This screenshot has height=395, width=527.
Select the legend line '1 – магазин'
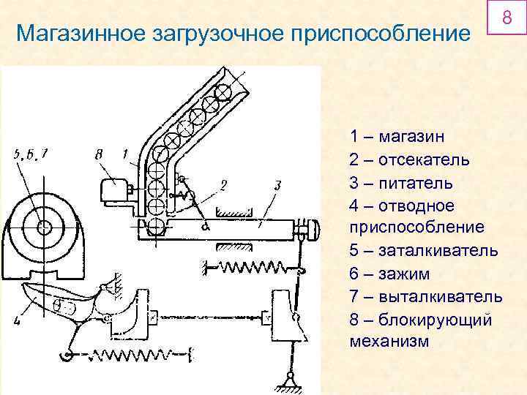click(x=400, y=137)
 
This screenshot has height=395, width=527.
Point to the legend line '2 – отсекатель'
click(x=410, y=159)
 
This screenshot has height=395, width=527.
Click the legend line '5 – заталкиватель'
click(x=424, y=251)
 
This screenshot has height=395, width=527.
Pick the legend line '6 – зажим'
click(x=389, y=274)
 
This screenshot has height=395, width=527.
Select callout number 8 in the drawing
click(x=100, y=154)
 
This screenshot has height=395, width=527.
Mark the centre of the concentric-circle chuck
click(x=44, y=227)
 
